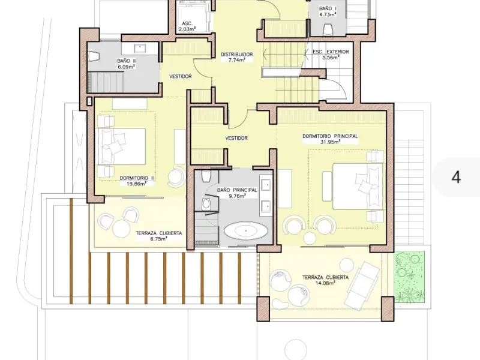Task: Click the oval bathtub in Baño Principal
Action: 245,230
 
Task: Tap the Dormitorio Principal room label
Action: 330,136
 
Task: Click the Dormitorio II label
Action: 137,178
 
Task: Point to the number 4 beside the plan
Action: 456,177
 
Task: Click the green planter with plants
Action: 410,277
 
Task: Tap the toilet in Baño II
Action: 94,56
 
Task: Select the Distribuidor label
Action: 236,55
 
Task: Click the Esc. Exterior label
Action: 331,52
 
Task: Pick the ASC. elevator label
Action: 187,23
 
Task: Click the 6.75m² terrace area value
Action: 158,239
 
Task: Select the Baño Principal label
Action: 237,190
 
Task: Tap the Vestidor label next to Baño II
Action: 181,76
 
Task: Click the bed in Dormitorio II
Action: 122,146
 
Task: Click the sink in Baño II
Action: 140,48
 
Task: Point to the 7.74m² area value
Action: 236,60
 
